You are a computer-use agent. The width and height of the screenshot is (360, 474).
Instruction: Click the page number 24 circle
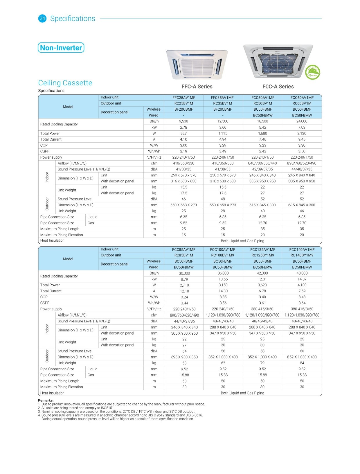click(x=42, y=19)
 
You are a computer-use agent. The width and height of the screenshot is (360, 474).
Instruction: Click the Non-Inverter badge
click(x=61, y=48)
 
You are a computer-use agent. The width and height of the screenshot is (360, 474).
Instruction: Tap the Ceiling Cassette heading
click(x=65, y=83)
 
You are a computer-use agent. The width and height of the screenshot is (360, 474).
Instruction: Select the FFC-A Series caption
click(x=197, y=87)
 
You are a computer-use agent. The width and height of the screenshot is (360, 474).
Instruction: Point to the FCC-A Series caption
click(x=278, y=87)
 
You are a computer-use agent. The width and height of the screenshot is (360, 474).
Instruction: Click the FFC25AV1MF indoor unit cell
click(x=183, y=98)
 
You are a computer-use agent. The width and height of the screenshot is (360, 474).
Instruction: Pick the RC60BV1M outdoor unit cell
click(x=302, y=103)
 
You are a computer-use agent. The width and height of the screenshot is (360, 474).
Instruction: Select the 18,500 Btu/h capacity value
click(x=262, y=121)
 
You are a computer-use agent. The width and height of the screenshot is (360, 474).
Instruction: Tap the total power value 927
click(x=183, y=133)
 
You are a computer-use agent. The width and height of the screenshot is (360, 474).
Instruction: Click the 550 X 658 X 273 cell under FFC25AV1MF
click(x=183, y=205)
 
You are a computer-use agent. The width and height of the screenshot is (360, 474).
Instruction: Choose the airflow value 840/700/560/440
click(x=262, y=163)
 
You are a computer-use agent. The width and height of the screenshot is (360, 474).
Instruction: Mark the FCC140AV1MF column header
click(x=302, y=249)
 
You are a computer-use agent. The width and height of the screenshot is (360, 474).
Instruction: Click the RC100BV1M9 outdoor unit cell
click(x=223, y=255)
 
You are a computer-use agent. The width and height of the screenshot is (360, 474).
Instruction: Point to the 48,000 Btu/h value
click(x=302, y=273)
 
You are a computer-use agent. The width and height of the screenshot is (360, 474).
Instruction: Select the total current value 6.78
click(x=262, y=291)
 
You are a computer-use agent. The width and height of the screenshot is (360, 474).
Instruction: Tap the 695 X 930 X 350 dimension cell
click(x=184, y=357)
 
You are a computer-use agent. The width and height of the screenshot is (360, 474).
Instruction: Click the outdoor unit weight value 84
click(x=302, y=363)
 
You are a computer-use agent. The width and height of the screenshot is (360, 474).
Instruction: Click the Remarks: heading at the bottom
click(x=46, y=400)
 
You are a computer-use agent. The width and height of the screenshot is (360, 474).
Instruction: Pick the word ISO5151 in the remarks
click(x=108, y=408)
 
